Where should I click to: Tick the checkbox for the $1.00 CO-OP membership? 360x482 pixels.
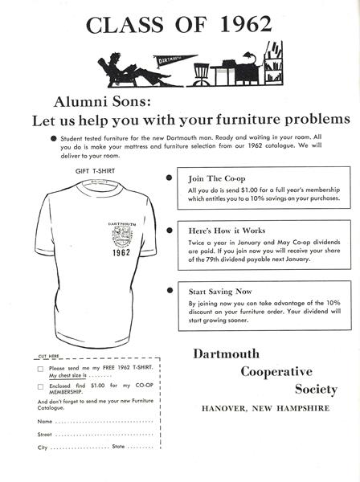click(40, 386)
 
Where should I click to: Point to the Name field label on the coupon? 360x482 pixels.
click(45, 421)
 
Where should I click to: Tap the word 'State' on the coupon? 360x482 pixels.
click(118, 446)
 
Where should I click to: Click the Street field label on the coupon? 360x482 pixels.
click(45, 434)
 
